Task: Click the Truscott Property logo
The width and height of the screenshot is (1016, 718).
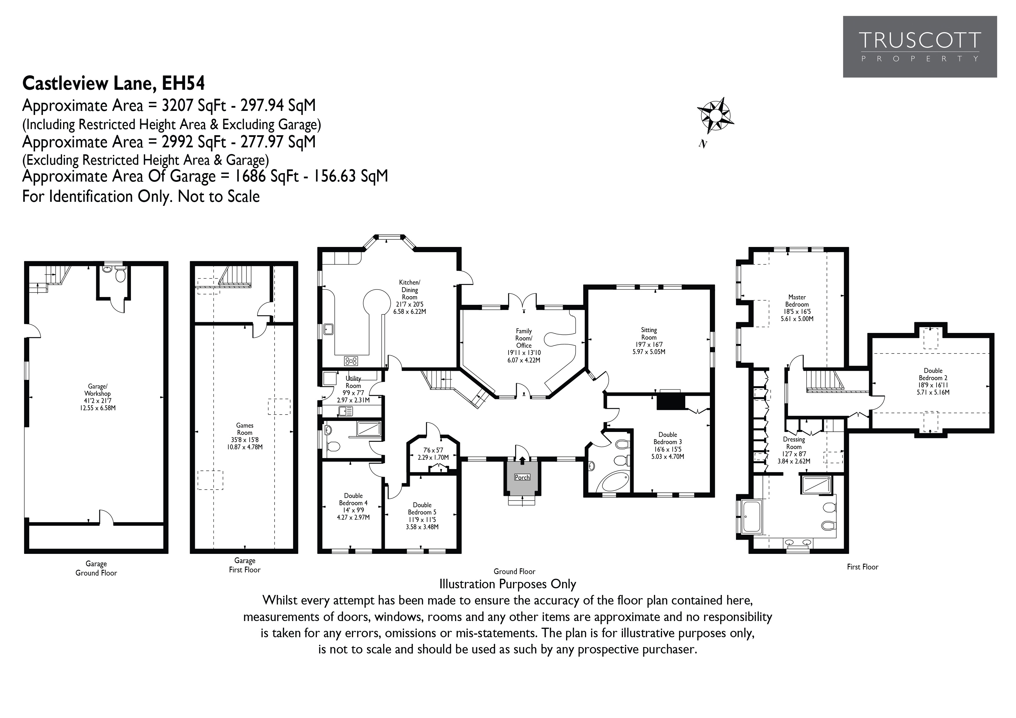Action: [920, 47]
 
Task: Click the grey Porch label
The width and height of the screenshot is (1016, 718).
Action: [522, 477]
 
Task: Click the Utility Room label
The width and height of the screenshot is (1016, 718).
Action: [353, 382]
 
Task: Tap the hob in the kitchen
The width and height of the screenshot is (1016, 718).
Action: [351, 361]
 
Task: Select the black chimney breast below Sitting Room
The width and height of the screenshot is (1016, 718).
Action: [670, 402]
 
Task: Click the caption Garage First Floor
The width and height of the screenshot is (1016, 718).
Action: [245, 565]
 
